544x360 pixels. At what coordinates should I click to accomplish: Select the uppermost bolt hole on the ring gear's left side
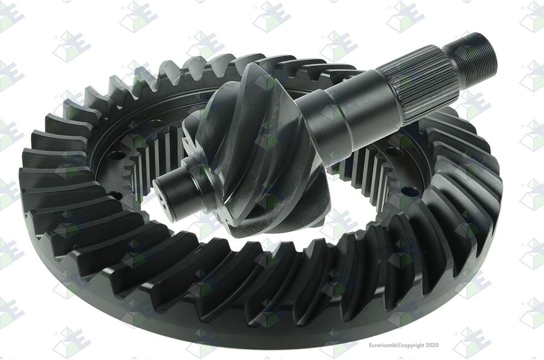pyautogui.click(x=155, y=123)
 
